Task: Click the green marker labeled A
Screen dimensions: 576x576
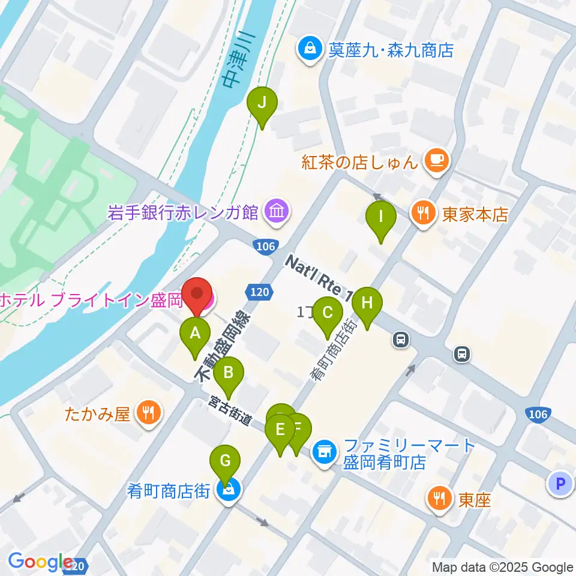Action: (x=195, y=334)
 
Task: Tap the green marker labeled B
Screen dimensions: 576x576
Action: (x=229, y=373)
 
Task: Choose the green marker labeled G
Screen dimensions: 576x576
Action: (x=225, y=462)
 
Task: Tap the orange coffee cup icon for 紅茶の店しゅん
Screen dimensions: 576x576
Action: (x=436, y=160)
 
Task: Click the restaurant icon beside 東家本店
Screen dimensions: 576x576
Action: (x=424, y=213)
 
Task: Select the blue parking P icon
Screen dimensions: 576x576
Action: (x=561, y=483)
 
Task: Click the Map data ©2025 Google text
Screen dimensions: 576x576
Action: (x=503, y=567)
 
